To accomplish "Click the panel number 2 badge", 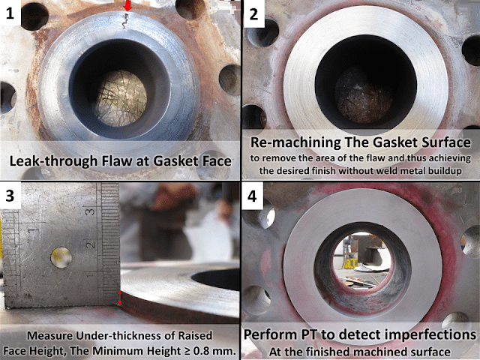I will click(x=254, y=13).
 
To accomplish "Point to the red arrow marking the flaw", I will click(x=127, y=7).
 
